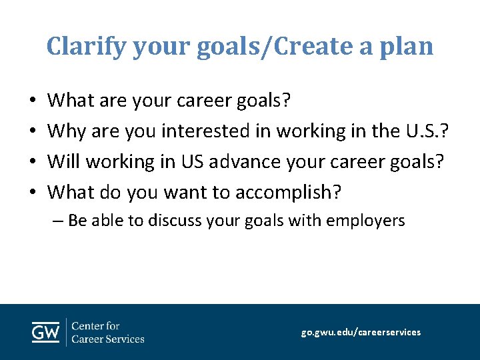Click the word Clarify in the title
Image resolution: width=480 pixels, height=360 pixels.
click(x=87, y=46)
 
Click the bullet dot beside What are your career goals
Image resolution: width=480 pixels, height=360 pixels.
click(x=33, y=101)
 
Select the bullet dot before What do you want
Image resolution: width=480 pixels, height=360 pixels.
click(x=33, y=193)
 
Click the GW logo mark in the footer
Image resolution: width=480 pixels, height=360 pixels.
click(x=46, y=331)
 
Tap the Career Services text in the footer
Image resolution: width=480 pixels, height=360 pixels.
click(x=107, y=339)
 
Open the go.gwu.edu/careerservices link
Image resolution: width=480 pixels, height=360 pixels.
click(x=361, y=332)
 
